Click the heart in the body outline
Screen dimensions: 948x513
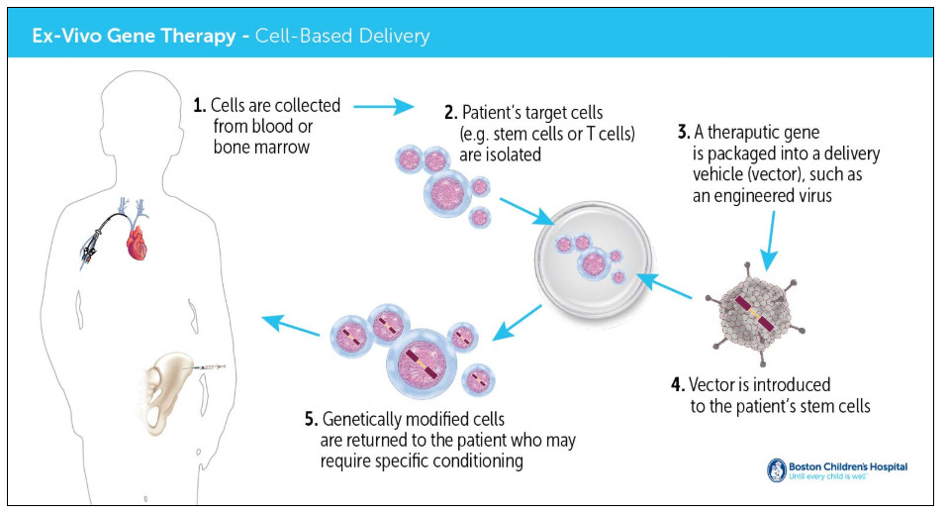click(138, 242)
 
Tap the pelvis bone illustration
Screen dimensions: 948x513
click(165, 393)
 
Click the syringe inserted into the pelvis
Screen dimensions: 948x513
click(209, 367)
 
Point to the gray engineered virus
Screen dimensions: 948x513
click(756, 315)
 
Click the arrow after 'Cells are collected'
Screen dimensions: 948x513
click(383, 107)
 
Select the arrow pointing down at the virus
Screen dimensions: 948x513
click(770, 241)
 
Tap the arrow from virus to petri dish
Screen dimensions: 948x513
click(664, 285)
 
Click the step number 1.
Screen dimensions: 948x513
click(200, 106)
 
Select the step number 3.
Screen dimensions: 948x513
click(684, 132)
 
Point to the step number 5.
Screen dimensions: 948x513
click(311, 419)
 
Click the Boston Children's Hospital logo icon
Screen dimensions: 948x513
click(776, 470)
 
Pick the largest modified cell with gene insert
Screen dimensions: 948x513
click(421, 363)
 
